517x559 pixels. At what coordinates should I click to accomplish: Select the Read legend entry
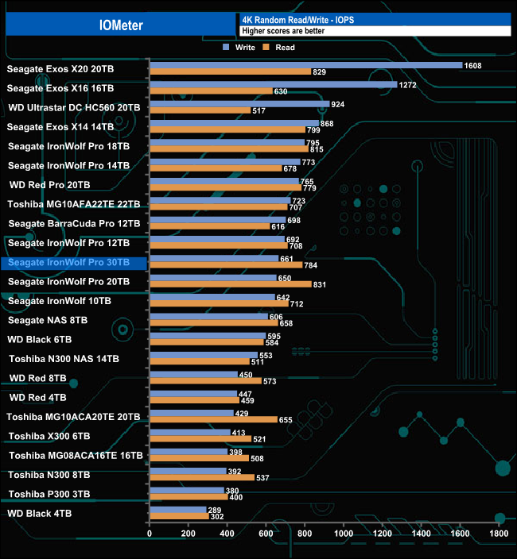(x=280, y=48)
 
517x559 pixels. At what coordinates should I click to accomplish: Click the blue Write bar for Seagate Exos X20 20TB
(x=305, y=65)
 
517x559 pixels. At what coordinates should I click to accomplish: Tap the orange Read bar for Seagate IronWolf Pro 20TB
(x=230, y=284)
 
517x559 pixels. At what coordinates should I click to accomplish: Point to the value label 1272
(x=409, y=84)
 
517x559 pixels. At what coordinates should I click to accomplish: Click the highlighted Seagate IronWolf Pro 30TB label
(x=73, y=263)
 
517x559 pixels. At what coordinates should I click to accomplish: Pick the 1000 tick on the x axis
(x=344, y=534)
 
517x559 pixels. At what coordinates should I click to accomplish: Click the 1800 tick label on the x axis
(x=499, y=534)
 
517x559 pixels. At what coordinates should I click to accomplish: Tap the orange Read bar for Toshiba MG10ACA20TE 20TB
(x=213, y=419)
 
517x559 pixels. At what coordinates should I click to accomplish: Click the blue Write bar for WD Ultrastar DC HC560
(x=239, y=103)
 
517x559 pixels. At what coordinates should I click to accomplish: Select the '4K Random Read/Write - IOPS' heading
(x=294, y=19)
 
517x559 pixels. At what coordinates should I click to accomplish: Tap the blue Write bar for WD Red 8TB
(x=193, y=374)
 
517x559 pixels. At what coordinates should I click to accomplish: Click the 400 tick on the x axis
(x=227, y=534)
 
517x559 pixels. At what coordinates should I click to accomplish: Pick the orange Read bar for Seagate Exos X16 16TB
(x=210, y=91)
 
